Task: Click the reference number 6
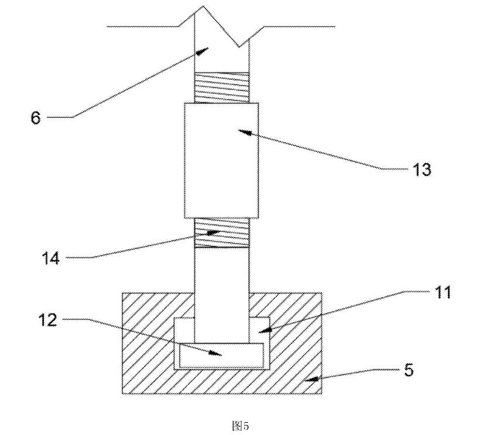tap(36, 118)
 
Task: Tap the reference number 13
tap(422, 169)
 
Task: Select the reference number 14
tap(50, 258)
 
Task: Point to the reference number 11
tap(442, 292)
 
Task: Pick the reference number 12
tap(48, 320)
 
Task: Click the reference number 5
tap(409, 370)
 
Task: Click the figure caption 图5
tap(241, 425)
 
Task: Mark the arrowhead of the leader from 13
tap(245, 132)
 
